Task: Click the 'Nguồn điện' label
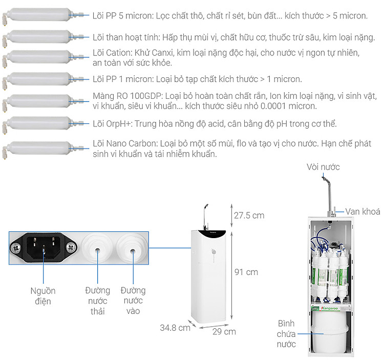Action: [x=43, y=296]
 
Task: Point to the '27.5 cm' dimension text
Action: [x=249, y=215]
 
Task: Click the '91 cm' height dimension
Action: [x=246, y=272]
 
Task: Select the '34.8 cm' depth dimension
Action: [x=175, y=327]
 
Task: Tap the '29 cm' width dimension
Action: [x=224, y=331]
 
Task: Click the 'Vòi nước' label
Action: [x=323, y=167]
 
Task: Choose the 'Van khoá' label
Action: [x=362, y=211]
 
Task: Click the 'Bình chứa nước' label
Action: [x=287, y=333]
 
